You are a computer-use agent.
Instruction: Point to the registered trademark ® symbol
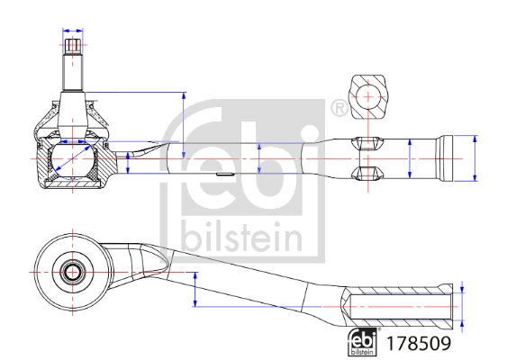(339, 109)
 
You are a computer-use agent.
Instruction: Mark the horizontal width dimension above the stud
(74, 41)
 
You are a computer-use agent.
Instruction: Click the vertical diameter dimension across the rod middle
(259, 158)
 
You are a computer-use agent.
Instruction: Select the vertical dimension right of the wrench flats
(411, 158)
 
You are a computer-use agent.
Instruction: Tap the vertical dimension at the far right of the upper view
(475, 158)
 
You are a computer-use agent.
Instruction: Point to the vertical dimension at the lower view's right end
(464, 307)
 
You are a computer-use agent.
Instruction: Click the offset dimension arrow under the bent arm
(195, 289)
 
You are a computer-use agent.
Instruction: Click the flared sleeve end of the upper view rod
(450, 158)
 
